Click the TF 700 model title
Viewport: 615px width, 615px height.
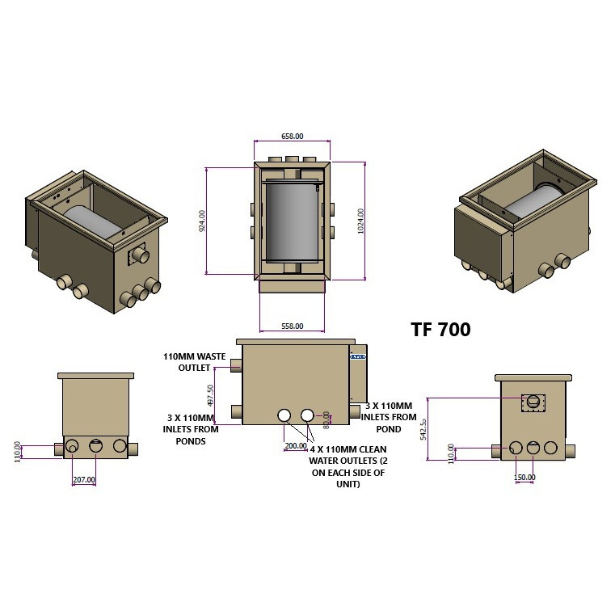pyautogui.click(x=440, y=329)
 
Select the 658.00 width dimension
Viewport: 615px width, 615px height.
pyautogui.click(x=292, y=137)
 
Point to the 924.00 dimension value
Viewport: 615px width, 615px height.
pyautogui.click(x=202, y=221)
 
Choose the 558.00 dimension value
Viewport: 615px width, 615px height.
pyautogui.click(x=292, y=326)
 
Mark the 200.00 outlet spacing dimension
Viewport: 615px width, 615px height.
pyautogui.click(x=295, y=445)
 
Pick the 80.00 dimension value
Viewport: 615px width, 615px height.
pyautogui.click(x=327, y=419)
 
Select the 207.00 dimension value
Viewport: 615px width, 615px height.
pyautogui.click(x=84, y=479)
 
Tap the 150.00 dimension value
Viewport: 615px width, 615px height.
pyautogui.click(x=524, y=477)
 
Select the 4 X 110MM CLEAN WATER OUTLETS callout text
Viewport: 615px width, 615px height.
pyautogui.click(x=348, y=465)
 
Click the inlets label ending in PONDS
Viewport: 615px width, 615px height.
pyautogui.click(x=189, y=429)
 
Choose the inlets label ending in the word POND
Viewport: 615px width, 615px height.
pyautogui.click(x=390, y=417)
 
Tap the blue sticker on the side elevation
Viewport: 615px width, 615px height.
pyautogui.click(x=358, y=356)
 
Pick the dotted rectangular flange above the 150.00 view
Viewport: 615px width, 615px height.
pyautogui.click(x=533, y=401)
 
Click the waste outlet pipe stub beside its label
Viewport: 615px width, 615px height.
pyautogui.click(x=236, y=365)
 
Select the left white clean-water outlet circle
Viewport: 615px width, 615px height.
pyautogui.click(x=284, y=415)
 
